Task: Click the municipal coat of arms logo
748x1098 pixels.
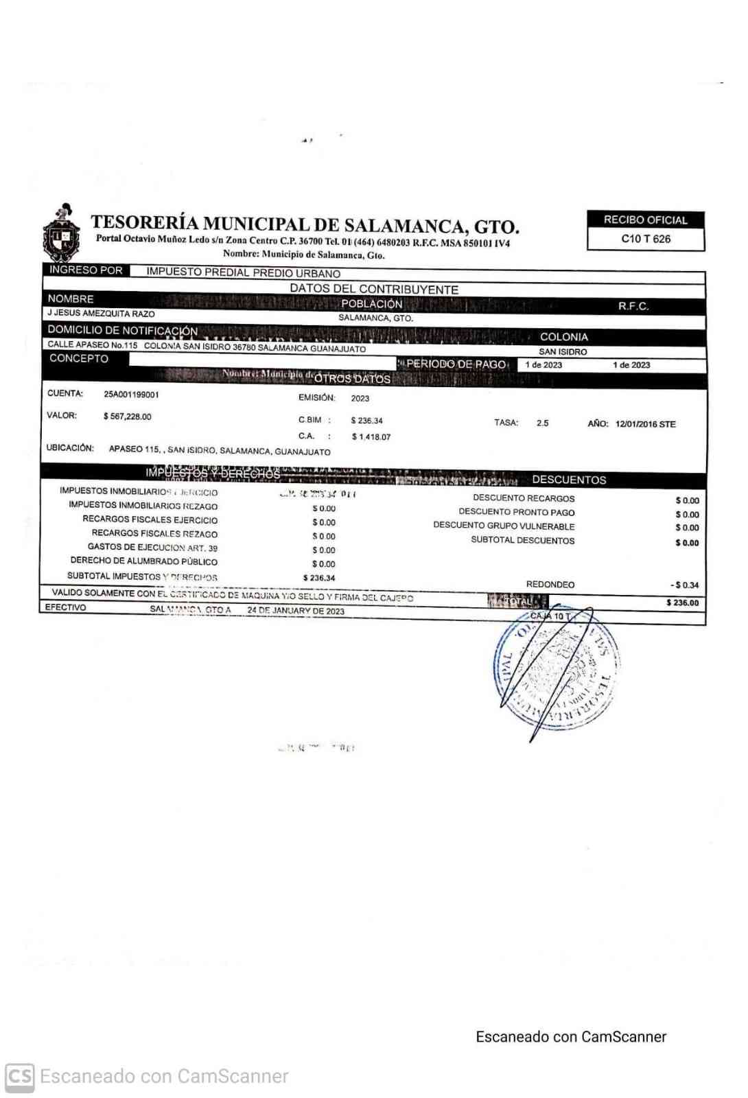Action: tap(62, 232)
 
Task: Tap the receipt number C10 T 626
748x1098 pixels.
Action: tap(645, 239)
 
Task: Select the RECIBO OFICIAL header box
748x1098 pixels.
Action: tap(645, 220)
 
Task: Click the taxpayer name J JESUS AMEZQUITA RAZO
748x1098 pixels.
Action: tap(101, 314)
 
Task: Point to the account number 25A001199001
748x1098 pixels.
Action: tap(131, 395)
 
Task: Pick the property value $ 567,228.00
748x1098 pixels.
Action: tap(127, 417)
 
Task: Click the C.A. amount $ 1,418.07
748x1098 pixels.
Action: tap(371, 437)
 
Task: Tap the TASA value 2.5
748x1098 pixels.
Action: tap(542, 423)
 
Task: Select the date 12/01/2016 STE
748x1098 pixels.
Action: tap(645, 424)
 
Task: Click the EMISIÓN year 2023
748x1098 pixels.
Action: tap(360, 399)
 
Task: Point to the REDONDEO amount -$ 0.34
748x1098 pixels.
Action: tap(684, 585)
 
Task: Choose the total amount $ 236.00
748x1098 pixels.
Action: tap(682, 603)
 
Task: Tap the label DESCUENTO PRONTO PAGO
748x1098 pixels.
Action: tap(517, 513)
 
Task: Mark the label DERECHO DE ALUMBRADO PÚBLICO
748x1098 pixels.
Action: tap(143, 561)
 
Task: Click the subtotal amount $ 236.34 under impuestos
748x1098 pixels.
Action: tap(319, 579)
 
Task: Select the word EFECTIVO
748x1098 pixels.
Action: tap(66, 607)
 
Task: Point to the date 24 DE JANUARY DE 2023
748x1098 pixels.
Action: tap(296, 611)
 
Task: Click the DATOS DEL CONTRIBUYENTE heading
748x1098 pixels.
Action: tap(374, 290)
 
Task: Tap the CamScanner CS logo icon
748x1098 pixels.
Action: tap(19, 1076)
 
